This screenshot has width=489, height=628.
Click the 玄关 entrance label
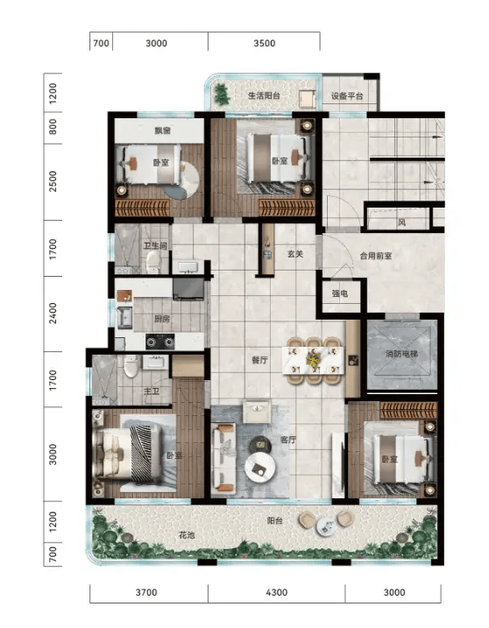(x=295, y=254)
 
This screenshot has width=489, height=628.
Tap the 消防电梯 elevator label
(x=401, y=354)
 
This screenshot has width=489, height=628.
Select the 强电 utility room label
(x=340, y=293)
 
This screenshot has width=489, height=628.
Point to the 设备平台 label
(x=347, y=96)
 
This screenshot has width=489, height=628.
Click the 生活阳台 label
(x=264, y=95)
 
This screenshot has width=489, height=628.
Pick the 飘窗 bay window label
(x=163, y=131)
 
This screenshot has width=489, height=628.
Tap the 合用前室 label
(x=376, y=256)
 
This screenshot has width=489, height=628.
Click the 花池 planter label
(x=187, y=535)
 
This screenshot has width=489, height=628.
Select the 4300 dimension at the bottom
(x=277, y=592)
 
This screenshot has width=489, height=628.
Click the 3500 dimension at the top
(x=264, y=43)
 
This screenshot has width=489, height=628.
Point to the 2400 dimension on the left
(x=53, y=314)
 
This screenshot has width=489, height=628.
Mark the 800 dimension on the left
(x=53, y=127)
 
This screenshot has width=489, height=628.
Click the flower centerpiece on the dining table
(x=313, y=357)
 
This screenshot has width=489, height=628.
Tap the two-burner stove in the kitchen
(x=159, y=342)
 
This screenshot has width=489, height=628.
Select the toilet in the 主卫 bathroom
(x=131, y=366)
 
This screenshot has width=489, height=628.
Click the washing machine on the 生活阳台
(x=307, y=99)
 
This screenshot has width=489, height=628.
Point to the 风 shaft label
(x=401, y=222)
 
